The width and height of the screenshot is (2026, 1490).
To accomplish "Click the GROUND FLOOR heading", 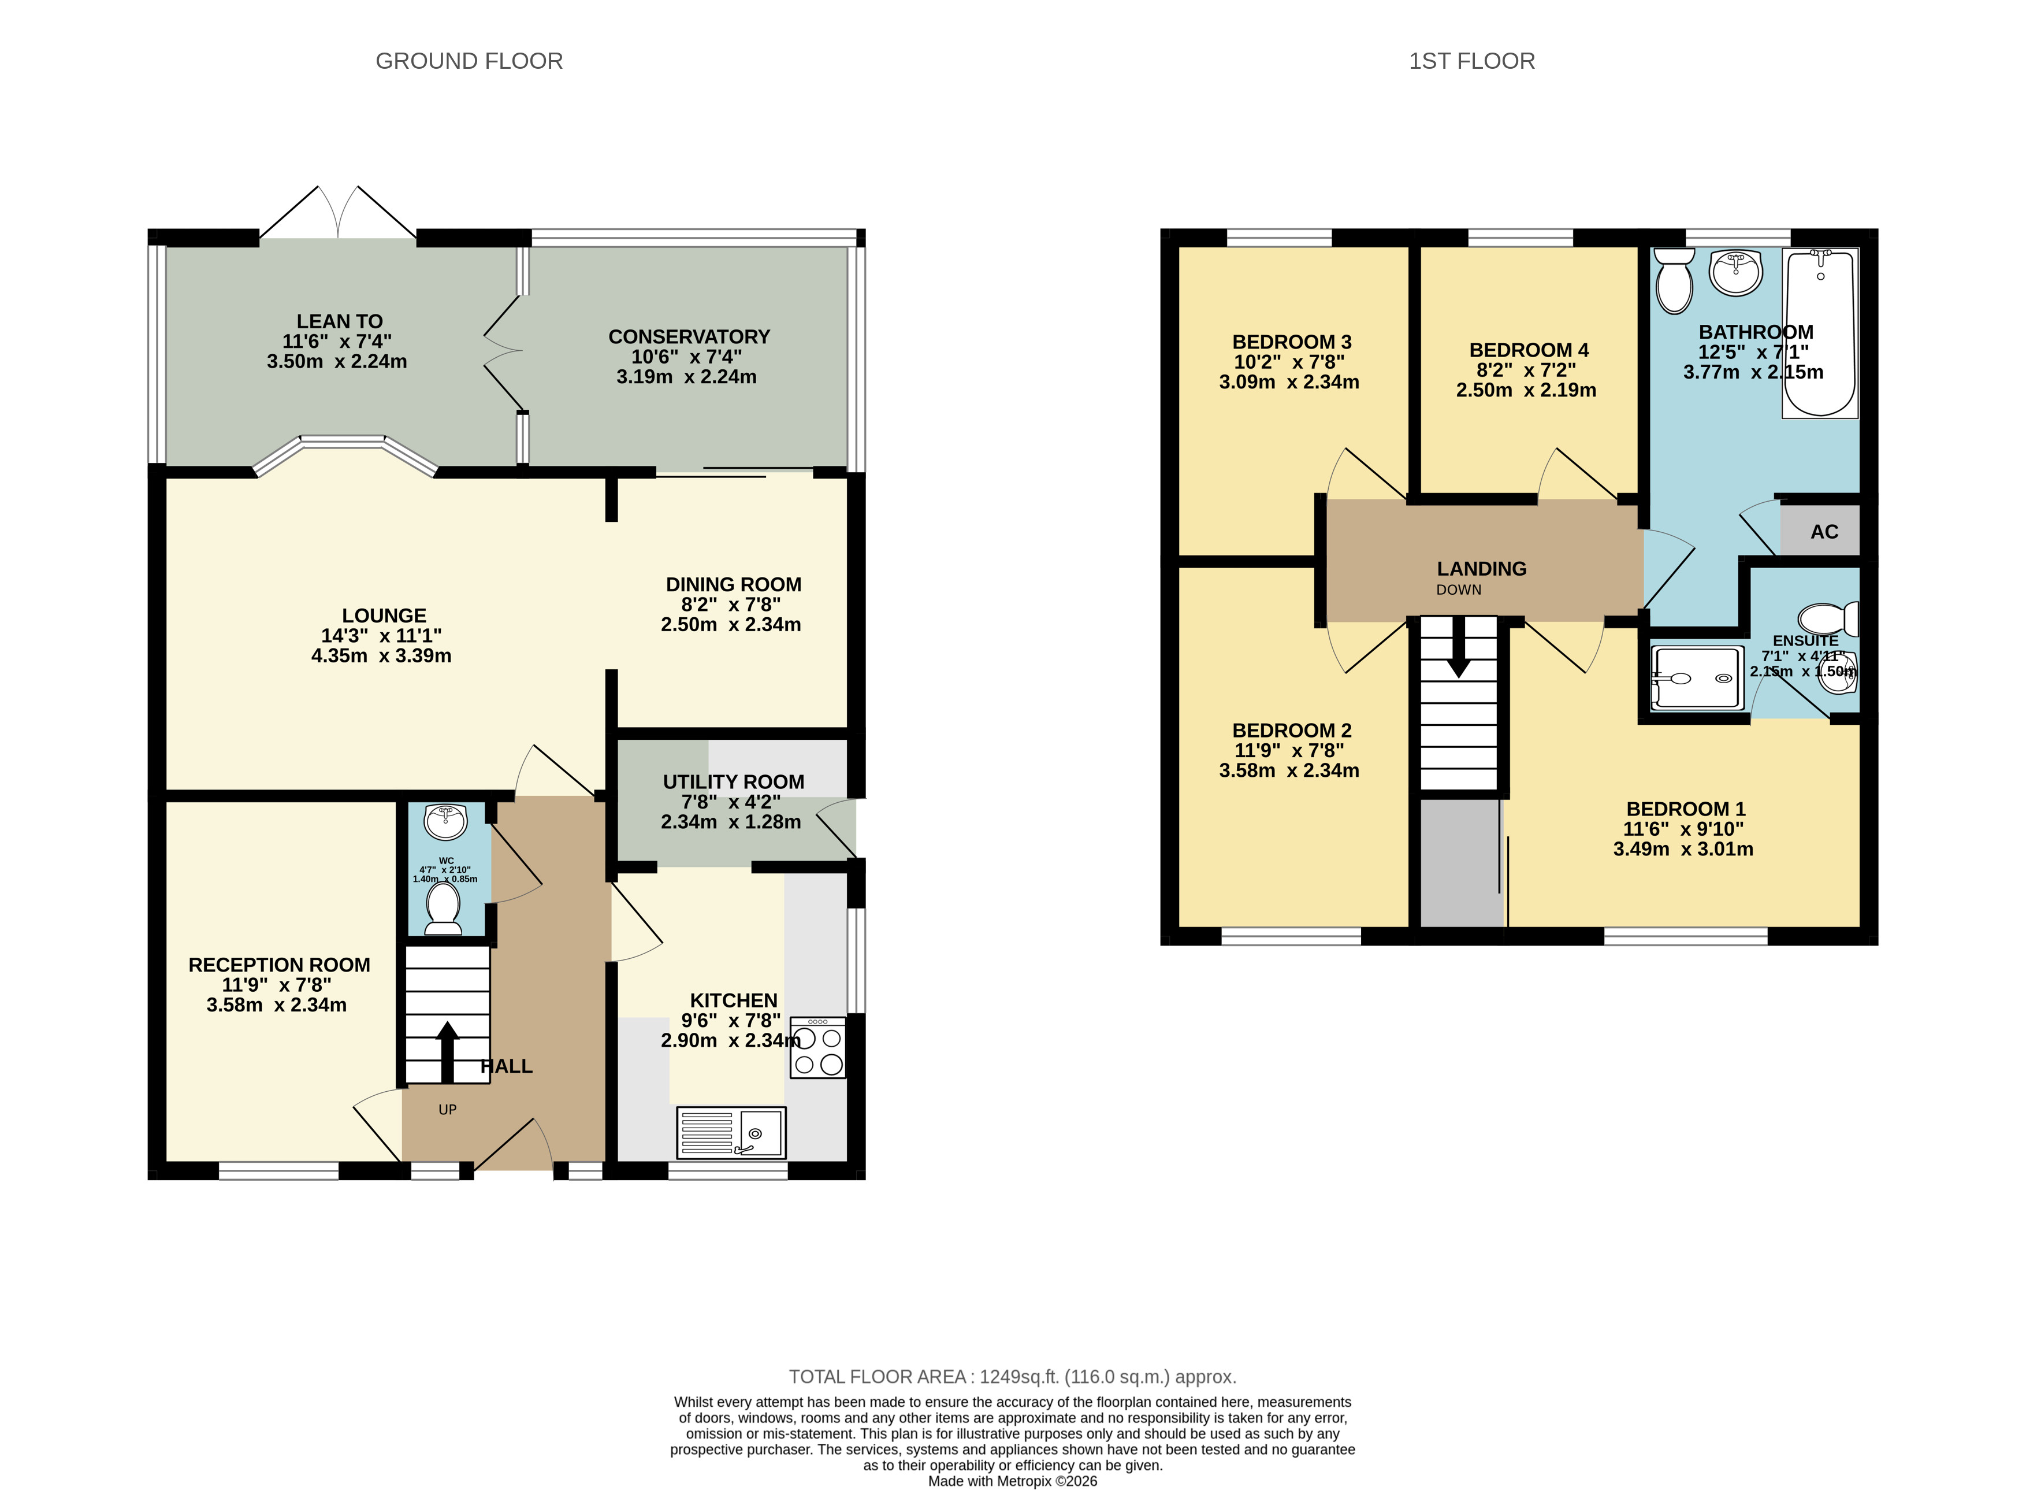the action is click(x=469, y=61).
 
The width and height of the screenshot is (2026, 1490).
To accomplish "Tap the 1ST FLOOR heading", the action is click(x=1471, y=61).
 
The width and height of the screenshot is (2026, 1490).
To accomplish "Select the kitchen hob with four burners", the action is click(x=818, y=1048).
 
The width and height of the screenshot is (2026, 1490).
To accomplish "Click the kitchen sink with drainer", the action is click(x=731, y=1133).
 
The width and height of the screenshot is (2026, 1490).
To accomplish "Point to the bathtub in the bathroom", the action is click(x=1820, y=333).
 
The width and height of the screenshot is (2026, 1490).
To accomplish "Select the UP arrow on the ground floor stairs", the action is click(x=447, y=1052).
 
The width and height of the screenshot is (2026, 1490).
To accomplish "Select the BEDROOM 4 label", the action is click(x=1529, y=350).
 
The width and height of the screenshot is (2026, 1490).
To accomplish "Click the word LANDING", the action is click(x=1481, y=569).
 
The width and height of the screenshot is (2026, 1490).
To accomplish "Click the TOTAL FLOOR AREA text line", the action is click(x=1013, y=1377).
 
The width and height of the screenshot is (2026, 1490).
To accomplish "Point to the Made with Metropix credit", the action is click(x=1013, y=1481).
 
